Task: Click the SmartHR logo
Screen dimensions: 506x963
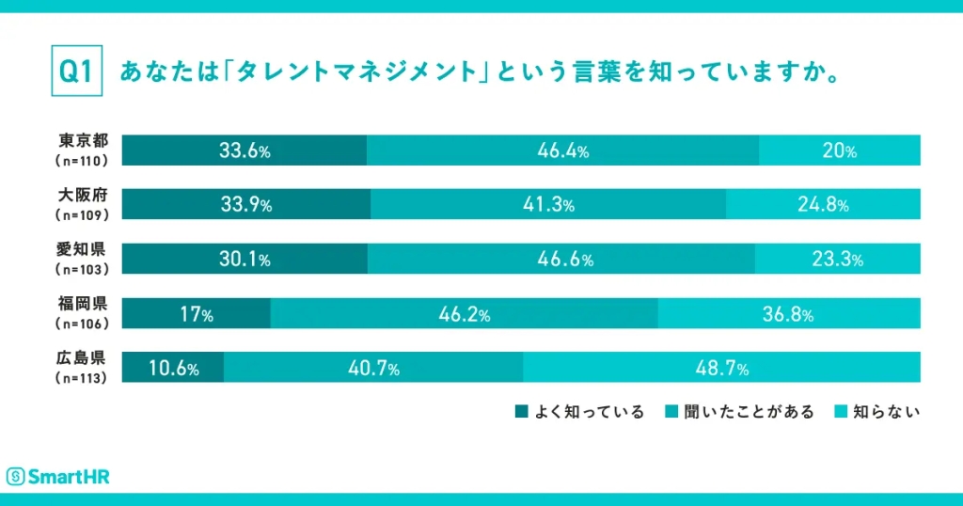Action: [x=58, y=476]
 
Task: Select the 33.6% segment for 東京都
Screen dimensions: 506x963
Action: [x=245, y=151]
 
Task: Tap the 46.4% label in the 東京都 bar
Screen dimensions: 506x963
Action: [x=562, y=151]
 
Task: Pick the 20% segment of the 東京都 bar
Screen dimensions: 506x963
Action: [x=839, y=151]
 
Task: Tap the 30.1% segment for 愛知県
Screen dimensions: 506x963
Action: [x=245, y=261]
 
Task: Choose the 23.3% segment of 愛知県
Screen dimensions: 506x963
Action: [x=837, y=261]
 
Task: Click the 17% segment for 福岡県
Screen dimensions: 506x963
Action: [x=196, y=315]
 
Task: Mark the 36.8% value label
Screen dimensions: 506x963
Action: [x=788, y=315]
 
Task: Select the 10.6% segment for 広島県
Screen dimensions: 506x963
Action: [x=173, y=369]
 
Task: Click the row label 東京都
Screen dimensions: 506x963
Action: [x=84, y=142]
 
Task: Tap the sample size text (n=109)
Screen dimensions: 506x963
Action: [x=84, y=214]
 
